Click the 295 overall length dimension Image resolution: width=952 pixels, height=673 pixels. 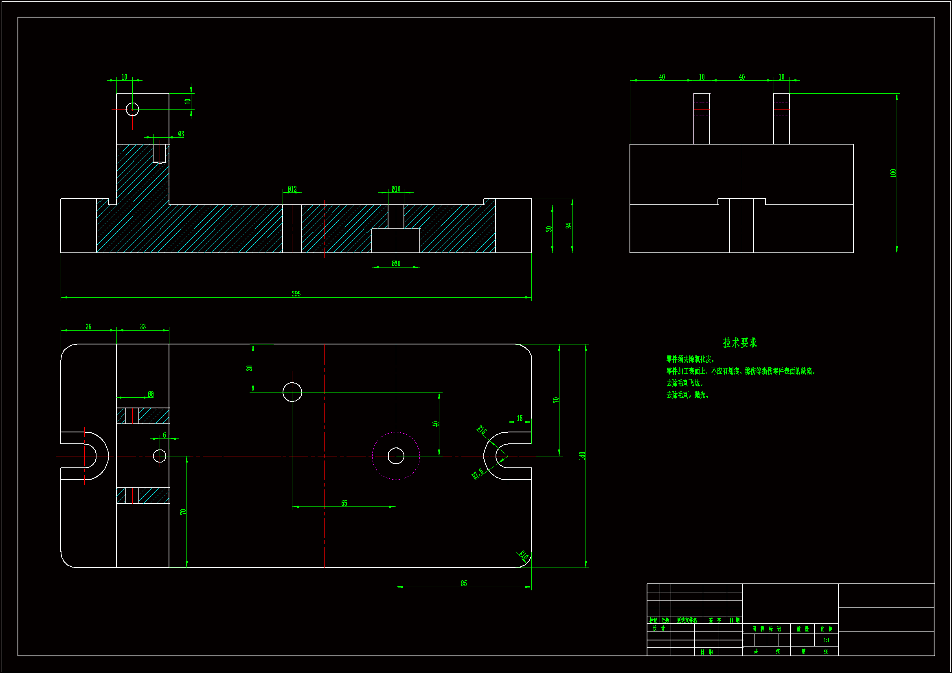pyautogui.click(x=296, y=294)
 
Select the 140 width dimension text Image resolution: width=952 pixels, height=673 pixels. pyautogui.click(x=582, y=456)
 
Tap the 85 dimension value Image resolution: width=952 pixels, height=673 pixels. pyautogui.click(x=463, y=583)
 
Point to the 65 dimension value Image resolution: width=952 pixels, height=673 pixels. pyautogui.click(x=344, y=503)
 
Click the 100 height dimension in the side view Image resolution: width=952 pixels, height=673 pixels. pyautogui.click(x=893, y=173)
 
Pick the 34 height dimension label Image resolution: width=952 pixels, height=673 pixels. pyautogui.click(x=568, y=226)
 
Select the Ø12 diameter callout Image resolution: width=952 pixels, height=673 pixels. pyautogui.click(x=292, y=189)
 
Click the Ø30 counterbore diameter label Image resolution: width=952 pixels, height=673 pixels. pyautogui.click(x=396, y=264)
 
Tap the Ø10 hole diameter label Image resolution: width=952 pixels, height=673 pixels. pyautogui.click(x=396, y=189)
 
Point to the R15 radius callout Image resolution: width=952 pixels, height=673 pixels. pyautogui.click(x=482, y=430)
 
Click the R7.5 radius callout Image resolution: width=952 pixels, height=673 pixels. pyautogui.click(x=478, y=474)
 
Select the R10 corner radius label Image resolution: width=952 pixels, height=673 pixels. pyautogui.click(x=524, y=555)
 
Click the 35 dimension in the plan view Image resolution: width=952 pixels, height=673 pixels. pyautogui.click(x=89, y=327)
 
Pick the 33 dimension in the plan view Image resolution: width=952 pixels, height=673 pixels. pyautogui.click(x=143, y=327)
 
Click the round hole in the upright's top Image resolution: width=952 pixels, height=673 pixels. pyautogui.click(x=132, y=110)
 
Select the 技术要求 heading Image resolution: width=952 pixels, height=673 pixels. pyautogui.click(x=740, y=343)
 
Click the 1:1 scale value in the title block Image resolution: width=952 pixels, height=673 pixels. pyautogui.click(x=826, y=640)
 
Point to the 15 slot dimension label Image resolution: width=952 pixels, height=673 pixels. pyautogui.click(x=520, y=419)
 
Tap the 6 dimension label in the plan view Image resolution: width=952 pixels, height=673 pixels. pyautogui.click(x=164, y=435)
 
